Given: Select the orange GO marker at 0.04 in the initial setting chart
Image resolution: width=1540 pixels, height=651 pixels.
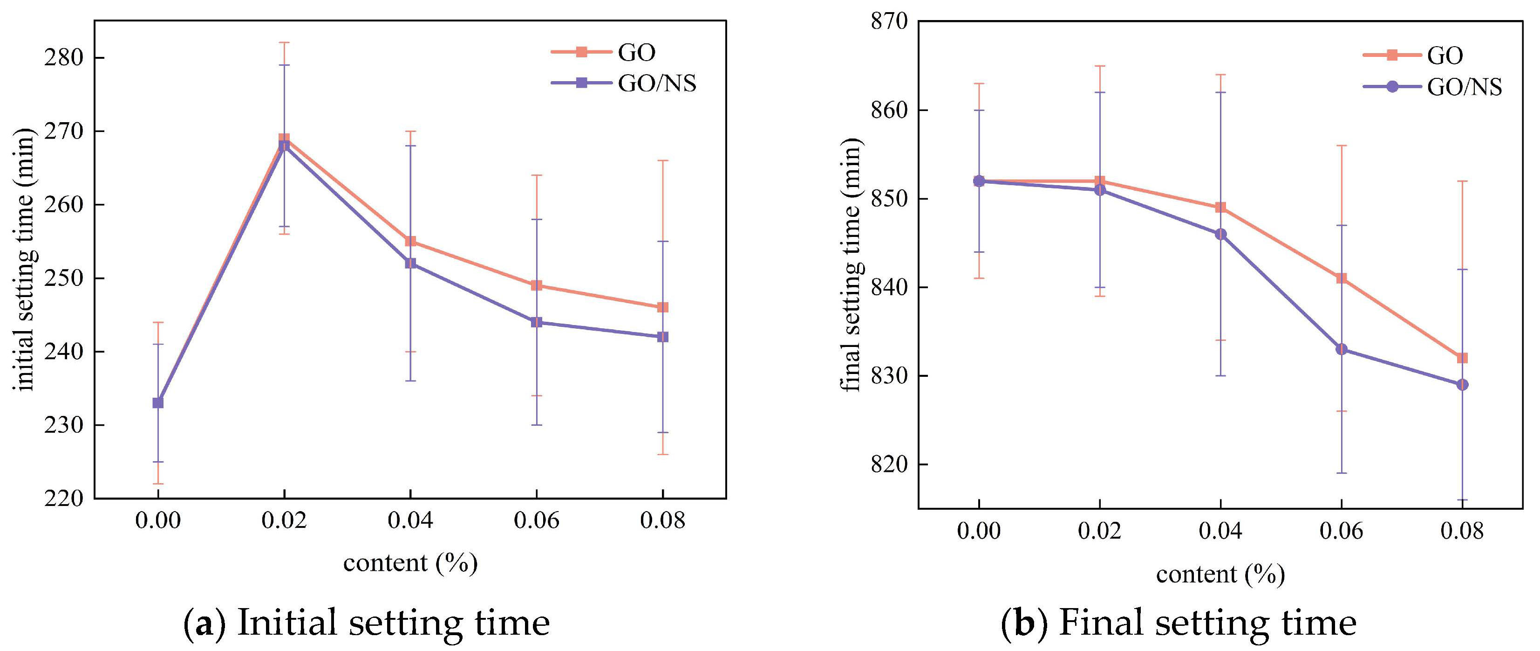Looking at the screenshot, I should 410,241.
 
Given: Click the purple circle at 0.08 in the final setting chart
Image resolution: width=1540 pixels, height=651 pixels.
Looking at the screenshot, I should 1462,385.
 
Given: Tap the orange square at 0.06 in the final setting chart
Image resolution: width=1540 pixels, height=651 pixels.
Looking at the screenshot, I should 1341,278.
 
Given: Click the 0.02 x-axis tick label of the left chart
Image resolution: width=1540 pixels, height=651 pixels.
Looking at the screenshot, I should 284,520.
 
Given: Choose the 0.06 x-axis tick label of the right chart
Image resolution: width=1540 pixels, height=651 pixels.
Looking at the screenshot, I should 1341,531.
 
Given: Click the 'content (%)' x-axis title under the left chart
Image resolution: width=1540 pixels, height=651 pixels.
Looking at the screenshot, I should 410,563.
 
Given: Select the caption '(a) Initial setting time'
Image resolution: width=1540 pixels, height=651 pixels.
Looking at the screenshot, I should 366,622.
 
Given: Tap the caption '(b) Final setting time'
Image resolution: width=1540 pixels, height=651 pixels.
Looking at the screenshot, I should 1178,622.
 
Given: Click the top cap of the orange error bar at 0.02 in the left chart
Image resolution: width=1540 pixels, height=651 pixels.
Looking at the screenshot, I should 284,42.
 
